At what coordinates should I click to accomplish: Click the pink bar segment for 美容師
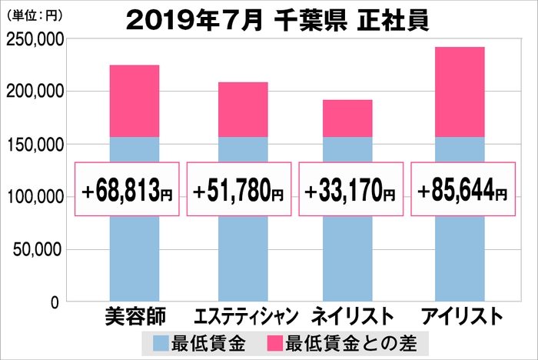tap(134, 101)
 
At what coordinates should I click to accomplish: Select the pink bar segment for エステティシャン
tap(244, 109)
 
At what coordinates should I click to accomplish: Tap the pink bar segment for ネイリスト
tap(347, 118)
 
